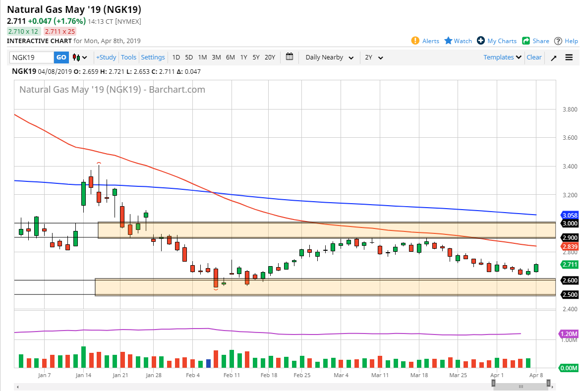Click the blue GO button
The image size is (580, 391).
pyautogui.click(x=61, y=57)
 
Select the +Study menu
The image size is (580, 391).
pyautogui.click(x=106, y=57)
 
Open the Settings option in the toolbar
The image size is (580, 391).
pyautogui.click(x=153, y=57)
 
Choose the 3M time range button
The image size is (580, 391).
pyautogui.click(x=216, y=57)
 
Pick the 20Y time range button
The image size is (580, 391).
pyautogui.click(x=270, y=57)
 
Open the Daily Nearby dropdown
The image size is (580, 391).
pyautogui.click(x=329, y=57)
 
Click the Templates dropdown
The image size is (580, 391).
pyautogui.click(x=502, y=57)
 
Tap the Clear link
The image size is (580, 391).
pyautogui.click(x=534, y=57)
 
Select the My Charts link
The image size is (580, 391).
pyautogui.click(x=497, y=41)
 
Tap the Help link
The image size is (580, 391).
pyautogui.click(x=566, y=41)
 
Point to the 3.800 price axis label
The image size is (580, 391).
pyautogui.click(x=566, y=110)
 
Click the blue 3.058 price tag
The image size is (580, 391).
pyautogui.click(x=569, y=215)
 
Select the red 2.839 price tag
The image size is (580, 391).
pyautogui.click(x=569, y=246)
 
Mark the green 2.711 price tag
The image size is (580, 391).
pyautogui.click(x=569, y=265)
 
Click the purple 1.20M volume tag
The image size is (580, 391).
pyautogui.click(x=568, y=334)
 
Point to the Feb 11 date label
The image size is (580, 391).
pyautogui.click(x=232, y=376)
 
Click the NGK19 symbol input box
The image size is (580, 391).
pyautogui.click(x=31, y=57)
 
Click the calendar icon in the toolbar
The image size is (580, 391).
pyautogui.click(x=290, y=57)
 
